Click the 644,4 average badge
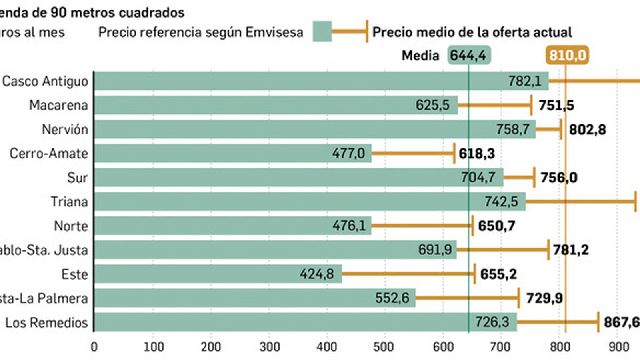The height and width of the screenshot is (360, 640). point(468,55)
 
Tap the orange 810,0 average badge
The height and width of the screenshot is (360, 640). point(567,55)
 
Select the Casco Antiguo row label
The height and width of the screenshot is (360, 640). point(45,81)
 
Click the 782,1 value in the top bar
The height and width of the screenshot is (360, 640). point(524,81)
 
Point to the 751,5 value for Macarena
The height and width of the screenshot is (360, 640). point(556,106)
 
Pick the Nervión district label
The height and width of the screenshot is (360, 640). point(65,130)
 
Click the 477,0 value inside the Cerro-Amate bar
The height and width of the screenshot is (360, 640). point(348,154)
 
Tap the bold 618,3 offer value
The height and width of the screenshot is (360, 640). point(476,154)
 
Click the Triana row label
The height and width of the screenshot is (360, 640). point(69,202)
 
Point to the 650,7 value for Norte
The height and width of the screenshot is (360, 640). point(496,226)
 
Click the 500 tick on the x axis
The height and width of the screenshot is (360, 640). point(383,346)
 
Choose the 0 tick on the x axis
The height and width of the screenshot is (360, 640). point(94,346)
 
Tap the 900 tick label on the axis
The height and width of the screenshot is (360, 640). point(618,346)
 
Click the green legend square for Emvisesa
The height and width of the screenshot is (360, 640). point(322,32)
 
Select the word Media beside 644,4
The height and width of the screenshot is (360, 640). point(420,56)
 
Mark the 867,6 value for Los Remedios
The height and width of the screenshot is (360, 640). point(621,322)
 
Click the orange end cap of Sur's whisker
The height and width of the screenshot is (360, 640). point(534,178)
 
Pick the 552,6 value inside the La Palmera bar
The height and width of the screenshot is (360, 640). point(392,298)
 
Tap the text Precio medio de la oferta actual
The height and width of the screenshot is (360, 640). point(472,32)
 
